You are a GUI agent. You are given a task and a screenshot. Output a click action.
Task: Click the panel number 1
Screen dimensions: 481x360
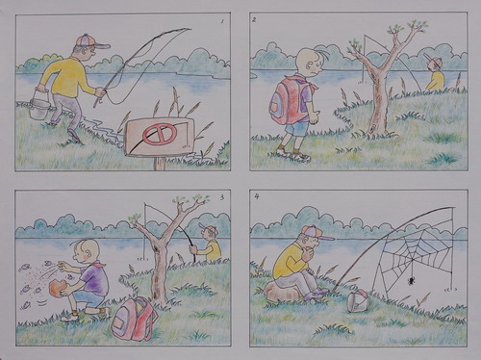coord(222,21)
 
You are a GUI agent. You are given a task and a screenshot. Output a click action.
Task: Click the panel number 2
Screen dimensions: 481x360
coord(254,20)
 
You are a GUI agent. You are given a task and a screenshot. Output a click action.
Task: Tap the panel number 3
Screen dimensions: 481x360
coord(222,197)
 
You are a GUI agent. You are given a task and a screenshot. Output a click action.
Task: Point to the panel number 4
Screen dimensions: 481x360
coord(257,196)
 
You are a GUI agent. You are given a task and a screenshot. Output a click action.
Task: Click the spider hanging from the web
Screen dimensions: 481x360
coord(411,281)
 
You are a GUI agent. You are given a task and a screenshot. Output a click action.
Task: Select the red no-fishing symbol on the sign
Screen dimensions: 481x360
coord(160,134)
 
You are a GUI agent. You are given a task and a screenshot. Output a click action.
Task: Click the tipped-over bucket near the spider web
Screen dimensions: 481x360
coord(357,301)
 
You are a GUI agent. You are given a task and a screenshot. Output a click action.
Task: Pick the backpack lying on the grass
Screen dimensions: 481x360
coord(134,319)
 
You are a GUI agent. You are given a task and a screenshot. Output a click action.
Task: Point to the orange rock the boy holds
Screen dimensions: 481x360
coord(58,288)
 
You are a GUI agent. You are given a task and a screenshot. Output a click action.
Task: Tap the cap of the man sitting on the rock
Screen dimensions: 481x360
coord(316,232)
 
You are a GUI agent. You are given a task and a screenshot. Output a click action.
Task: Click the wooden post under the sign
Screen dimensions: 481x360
coord(160,164)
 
